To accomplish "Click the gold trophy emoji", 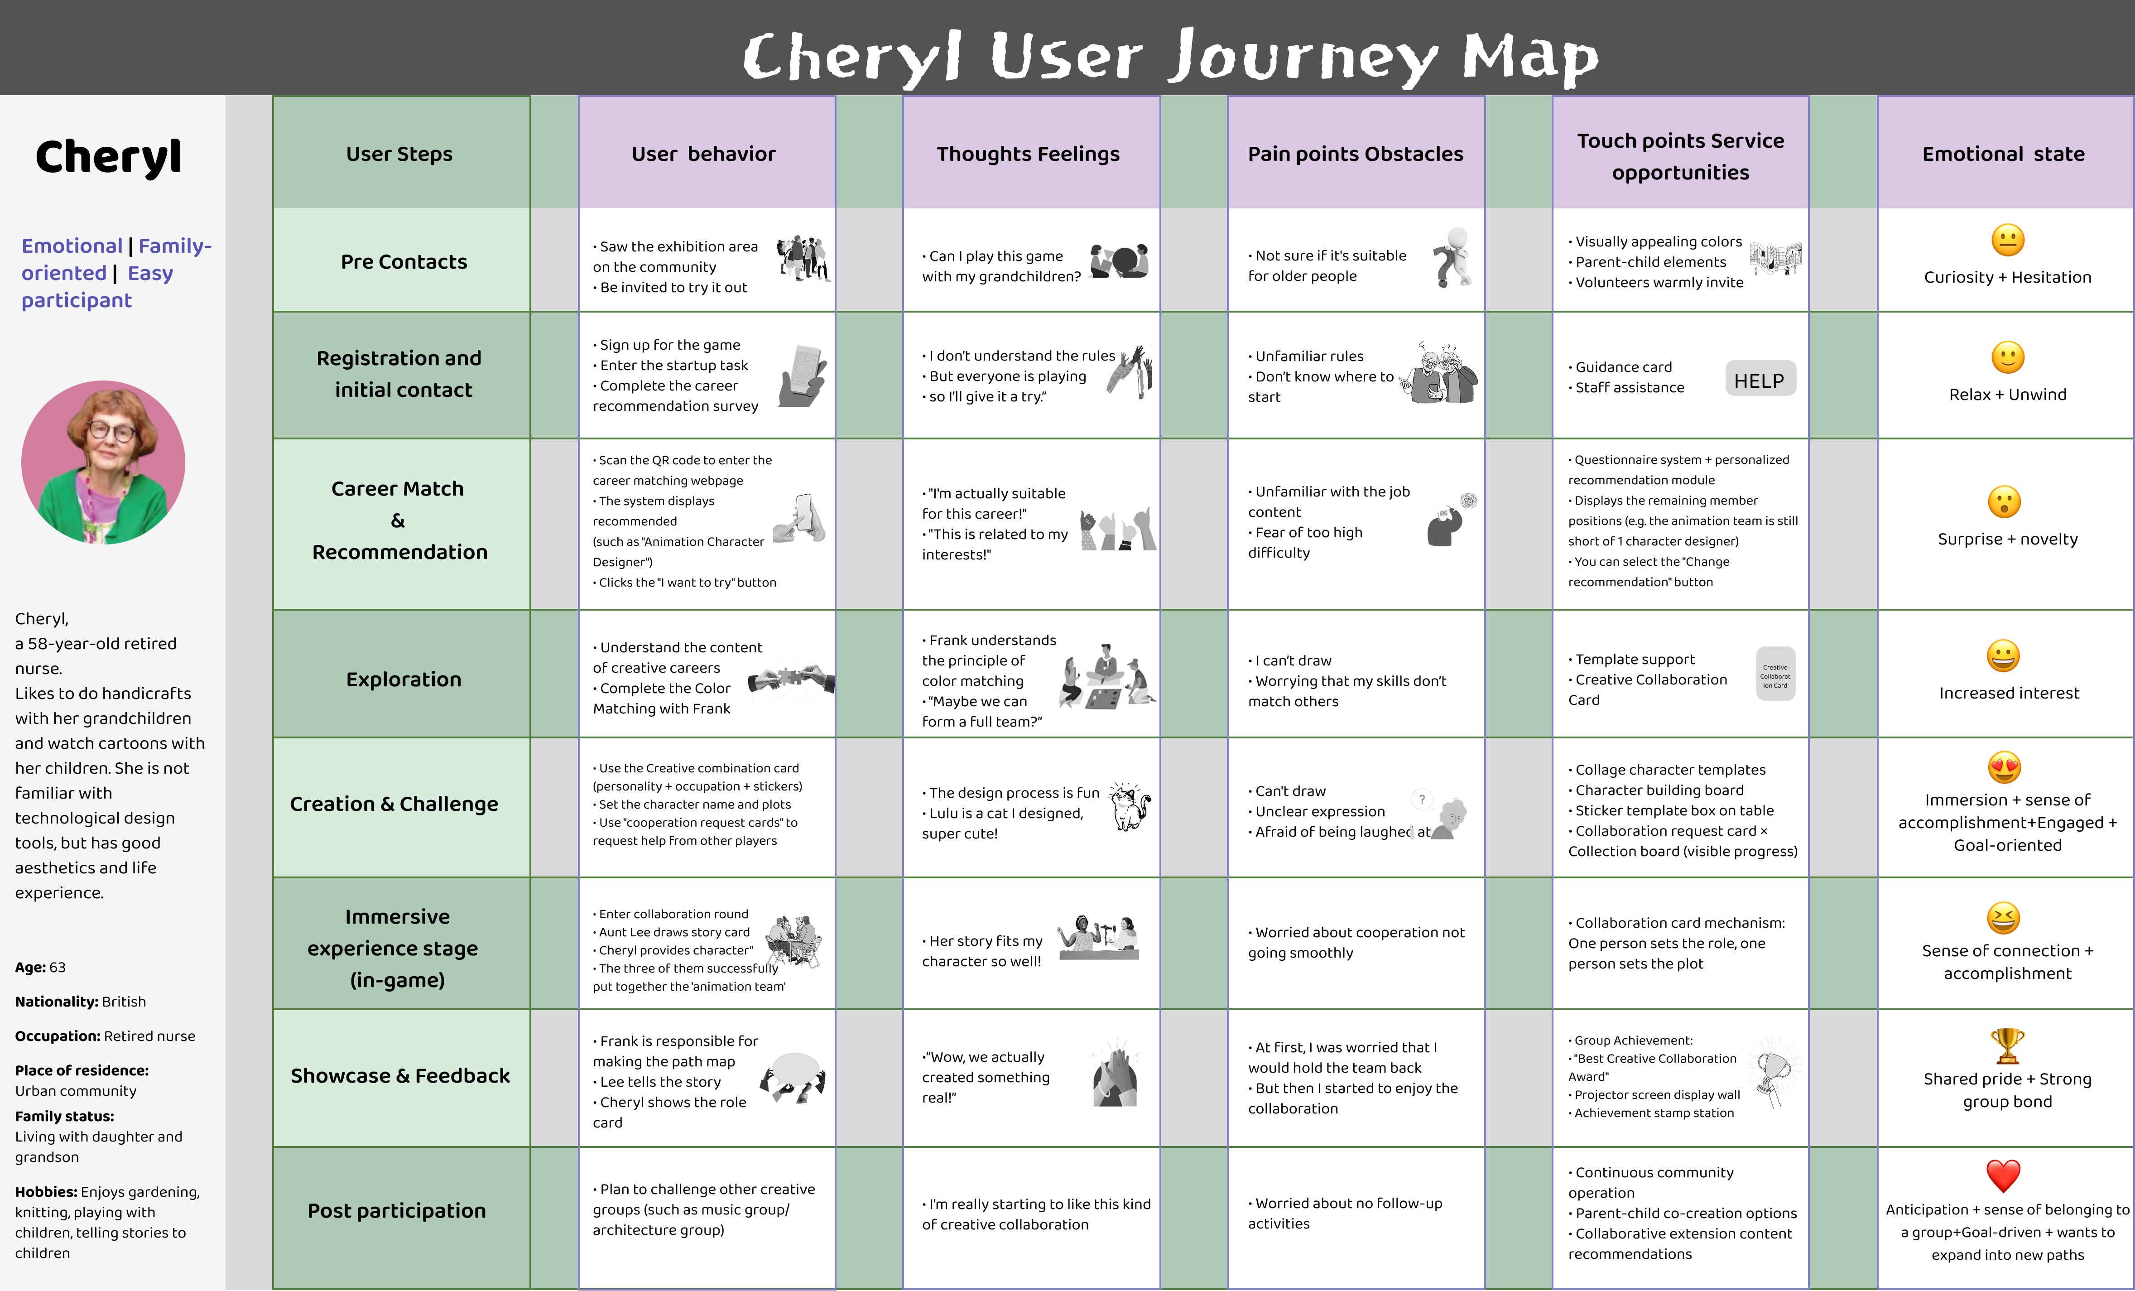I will [x=2007, y=1046].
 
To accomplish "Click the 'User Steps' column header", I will [x=399, y=154].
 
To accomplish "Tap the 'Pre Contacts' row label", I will [x=404, y=262].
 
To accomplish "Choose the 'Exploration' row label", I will [x=404, y=679].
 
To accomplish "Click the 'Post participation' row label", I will [x=397, y=1210].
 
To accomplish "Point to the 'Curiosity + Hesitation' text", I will [x=2007, y=277].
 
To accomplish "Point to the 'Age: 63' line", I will [x=40, y=967].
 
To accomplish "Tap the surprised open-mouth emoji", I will [x=2004, y=501].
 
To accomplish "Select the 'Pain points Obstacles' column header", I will [x=1355, y=154].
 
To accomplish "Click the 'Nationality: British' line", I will [x=81, y=1002].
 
